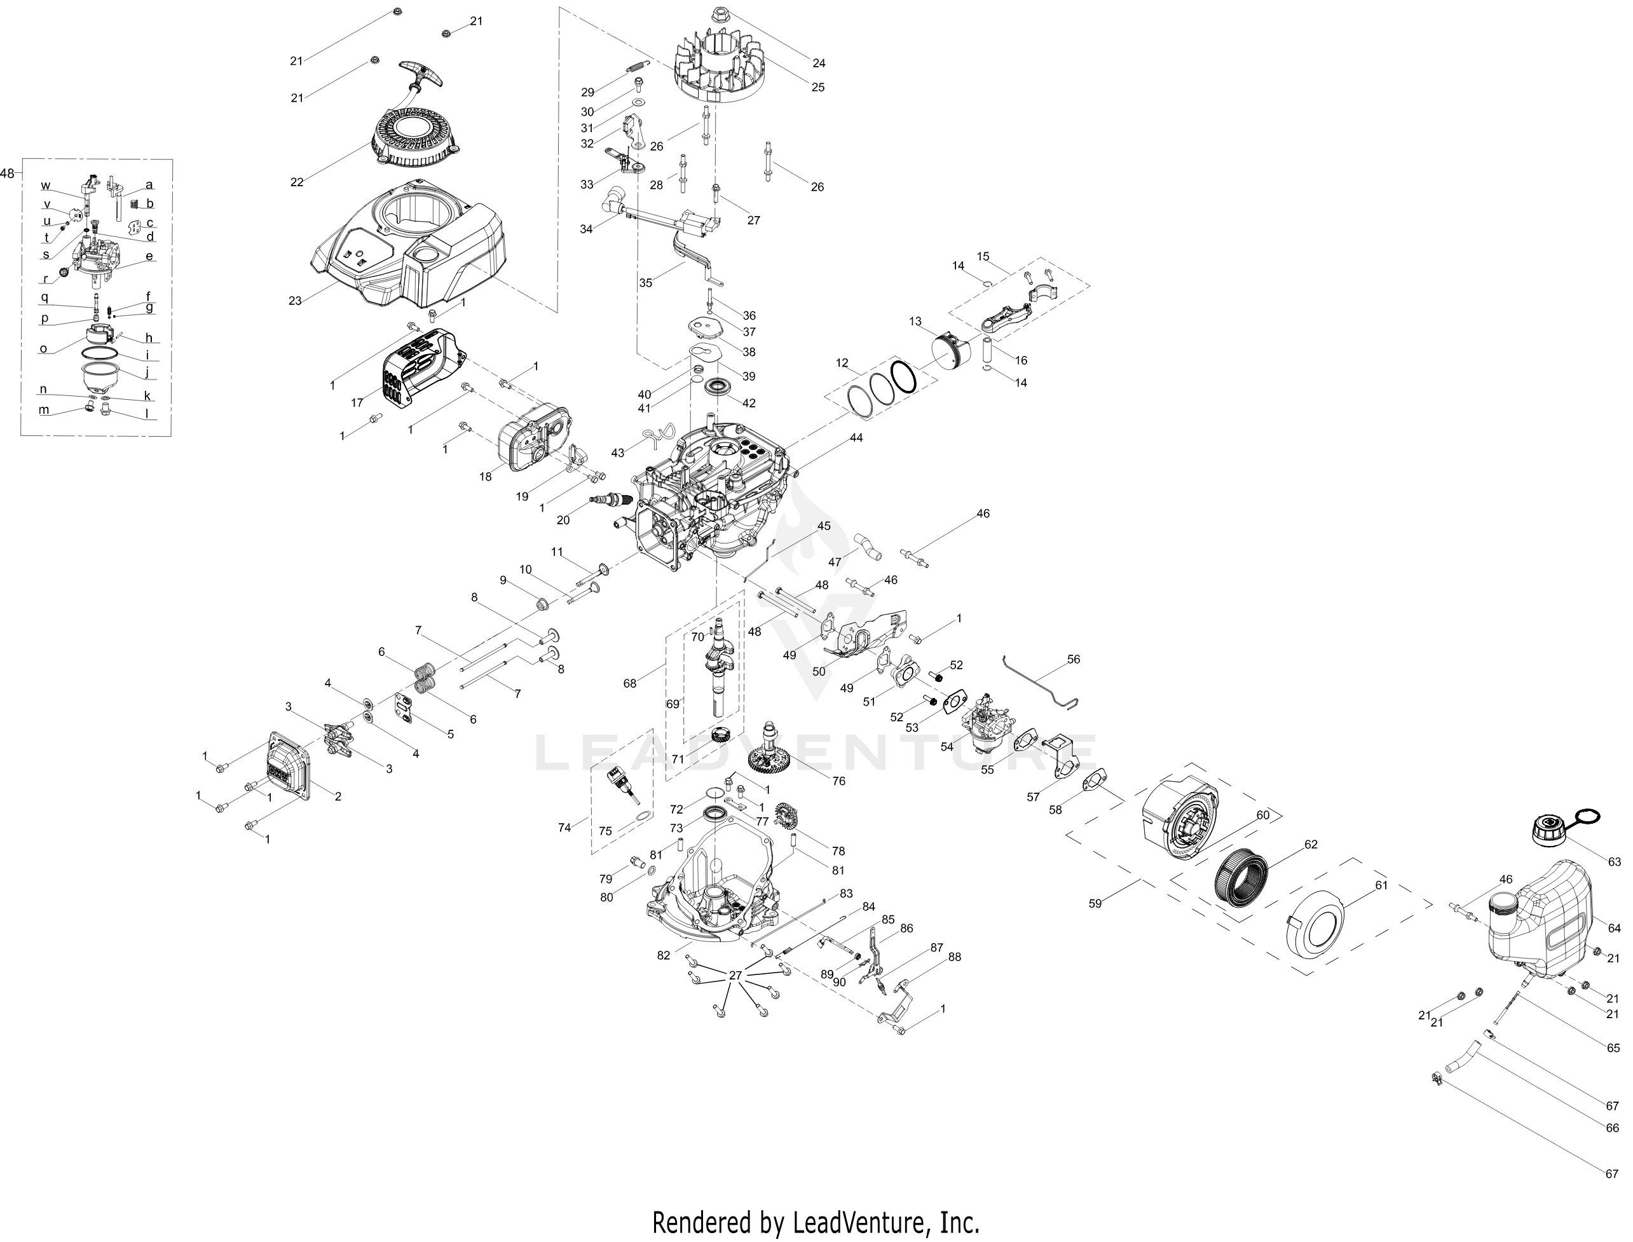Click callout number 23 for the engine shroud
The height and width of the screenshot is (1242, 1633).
click(295, 301)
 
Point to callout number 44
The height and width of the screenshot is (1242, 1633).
click(856, 438)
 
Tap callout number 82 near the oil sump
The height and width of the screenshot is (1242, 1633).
click(663, 955)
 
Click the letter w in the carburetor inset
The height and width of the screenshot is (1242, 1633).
click(46, 185)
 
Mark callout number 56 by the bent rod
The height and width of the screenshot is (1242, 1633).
click(1074, 659)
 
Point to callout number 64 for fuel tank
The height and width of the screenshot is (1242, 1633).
click(1615, 928)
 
